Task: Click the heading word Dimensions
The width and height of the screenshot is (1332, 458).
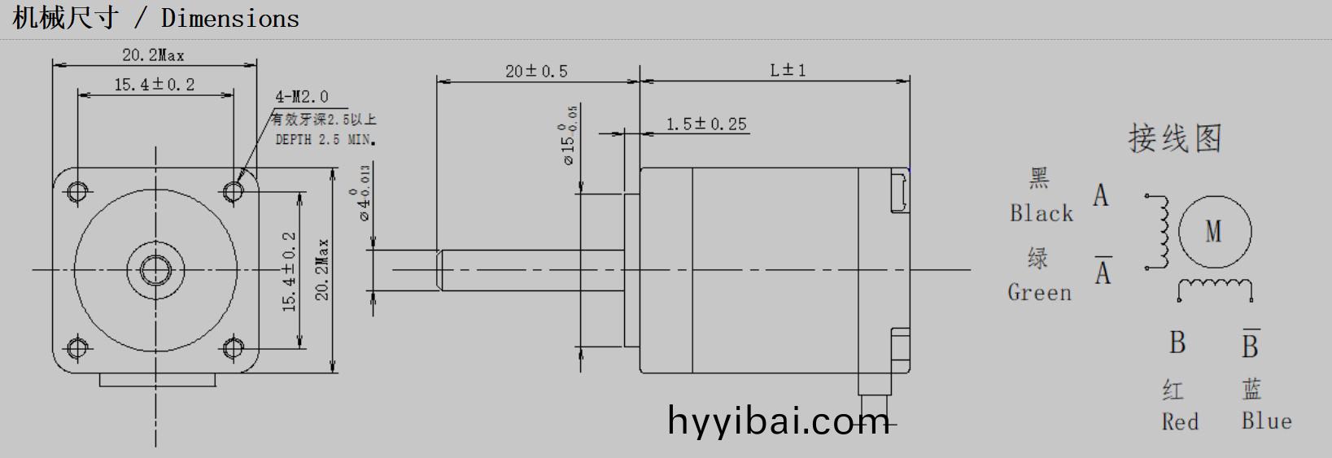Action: tap(230, 18)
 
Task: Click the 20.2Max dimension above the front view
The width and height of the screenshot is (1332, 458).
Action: tap(153, 55)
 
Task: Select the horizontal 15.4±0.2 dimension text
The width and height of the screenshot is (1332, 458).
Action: tap(154, 85)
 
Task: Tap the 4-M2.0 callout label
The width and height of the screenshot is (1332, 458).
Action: tap(302, 97)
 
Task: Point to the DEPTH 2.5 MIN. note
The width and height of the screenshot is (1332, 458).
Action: tap(325, 140)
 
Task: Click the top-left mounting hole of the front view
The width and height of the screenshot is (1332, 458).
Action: tap(77, 191)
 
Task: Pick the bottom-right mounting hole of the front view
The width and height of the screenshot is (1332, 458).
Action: tap(234, 348)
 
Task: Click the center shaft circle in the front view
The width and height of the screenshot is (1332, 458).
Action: tap(155, 269)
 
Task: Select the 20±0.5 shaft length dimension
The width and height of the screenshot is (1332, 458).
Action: tap(536, 72)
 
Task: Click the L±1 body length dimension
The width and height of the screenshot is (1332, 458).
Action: tap(788, 70)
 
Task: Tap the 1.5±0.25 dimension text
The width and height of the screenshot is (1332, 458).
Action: tap(706, 124)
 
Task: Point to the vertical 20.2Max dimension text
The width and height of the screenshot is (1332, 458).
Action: tap(322, 269)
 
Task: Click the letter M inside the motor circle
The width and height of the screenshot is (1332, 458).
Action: tap(1213, 232)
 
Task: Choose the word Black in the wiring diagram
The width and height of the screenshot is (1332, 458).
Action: tap(1042, 214)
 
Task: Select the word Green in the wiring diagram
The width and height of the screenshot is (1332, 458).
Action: tap(1040, 292)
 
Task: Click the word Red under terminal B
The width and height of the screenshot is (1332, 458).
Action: tap(1180, 421)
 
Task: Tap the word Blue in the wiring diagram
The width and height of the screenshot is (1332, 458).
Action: tap(1266, 421)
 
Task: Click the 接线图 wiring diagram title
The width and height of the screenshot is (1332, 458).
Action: tap(1175, 138)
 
